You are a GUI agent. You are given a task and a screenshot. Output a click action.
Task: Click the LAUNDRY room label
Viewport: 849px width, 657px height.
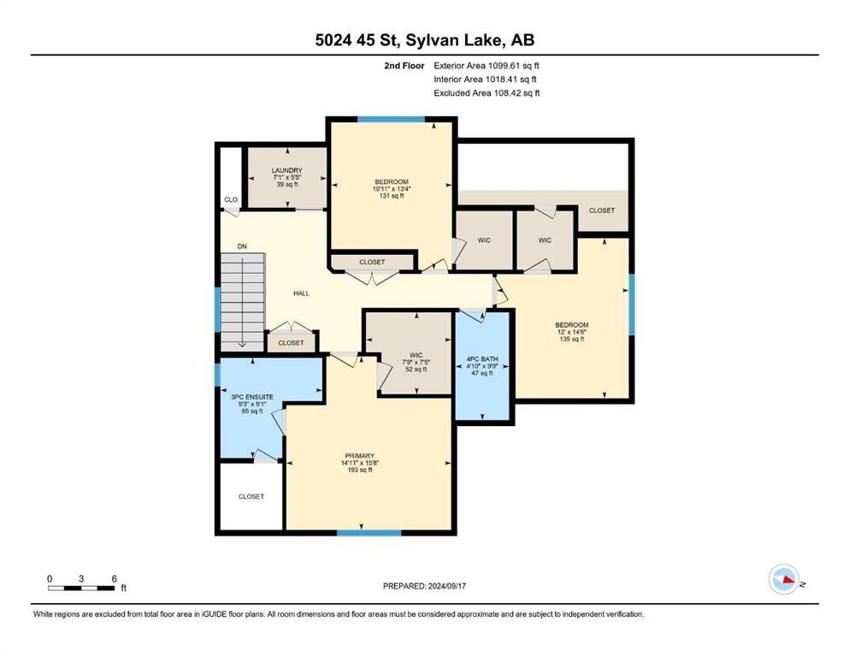(287, 170)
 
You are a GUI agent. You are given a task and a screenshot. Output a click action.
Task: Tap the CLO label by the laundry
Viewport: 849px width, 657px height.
(231, 199)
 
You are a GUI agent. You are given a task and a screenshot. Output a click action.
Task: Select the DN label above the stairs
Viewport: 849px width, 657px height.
(242, 246)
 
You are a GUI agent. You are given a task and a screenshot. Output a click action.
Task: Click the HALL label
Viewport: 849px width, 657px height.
(302, 293)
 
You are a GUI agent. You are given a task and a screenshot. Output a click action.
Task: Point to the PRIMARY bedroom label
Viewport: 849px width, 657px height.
(360, 456)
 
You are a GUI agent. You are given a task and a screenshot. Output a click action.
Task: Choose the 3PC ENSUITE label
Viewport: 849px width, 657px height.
(252, 397)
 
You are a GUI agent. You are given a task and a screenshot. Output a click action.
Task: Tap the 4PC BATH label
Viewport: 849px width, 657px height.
(482, 359)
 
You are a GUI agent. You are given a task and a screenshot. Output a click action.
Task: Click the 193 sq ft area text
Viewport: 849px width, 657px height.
(360, 471)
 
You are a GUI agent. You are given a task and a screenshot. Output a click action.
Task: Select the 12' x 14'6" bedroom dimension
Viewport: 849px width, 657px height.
(572, 332)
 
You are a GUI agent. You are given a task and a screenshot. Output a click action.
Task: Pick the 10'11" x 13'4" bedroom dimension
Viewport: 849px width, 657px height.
(392, 188)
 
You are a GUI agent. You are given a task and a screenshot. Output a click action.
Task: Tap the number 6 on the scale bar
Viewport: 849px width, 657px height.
(115, 578)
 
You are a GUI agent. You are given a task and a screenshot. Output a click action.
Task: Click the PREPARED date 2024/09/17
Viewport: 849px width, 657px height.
(447, 586)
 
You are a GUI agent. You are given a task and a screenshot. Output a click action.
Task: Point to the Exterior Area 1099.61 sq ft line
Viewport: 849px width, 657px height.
(486, 66)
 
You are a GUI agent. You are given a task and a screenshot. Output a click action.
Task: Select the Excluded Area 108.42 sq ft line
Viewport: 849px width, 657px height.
(486, 92)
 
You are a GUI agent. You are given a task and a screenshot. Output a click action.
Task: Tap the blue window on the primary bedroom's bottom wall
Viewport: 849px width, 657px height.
(369, 533)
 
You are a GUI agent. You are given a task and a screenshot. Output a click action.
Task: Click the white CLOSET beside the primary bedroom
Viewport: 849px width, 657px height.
(251, 496)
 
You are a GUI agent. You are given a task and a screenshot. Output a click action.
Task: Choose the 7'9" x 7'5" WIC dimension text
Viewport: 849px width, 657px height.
(416, 363)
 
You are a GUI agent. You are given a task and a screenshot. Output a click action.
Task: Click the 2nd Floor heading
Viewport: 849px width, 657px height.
(404, 66)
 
